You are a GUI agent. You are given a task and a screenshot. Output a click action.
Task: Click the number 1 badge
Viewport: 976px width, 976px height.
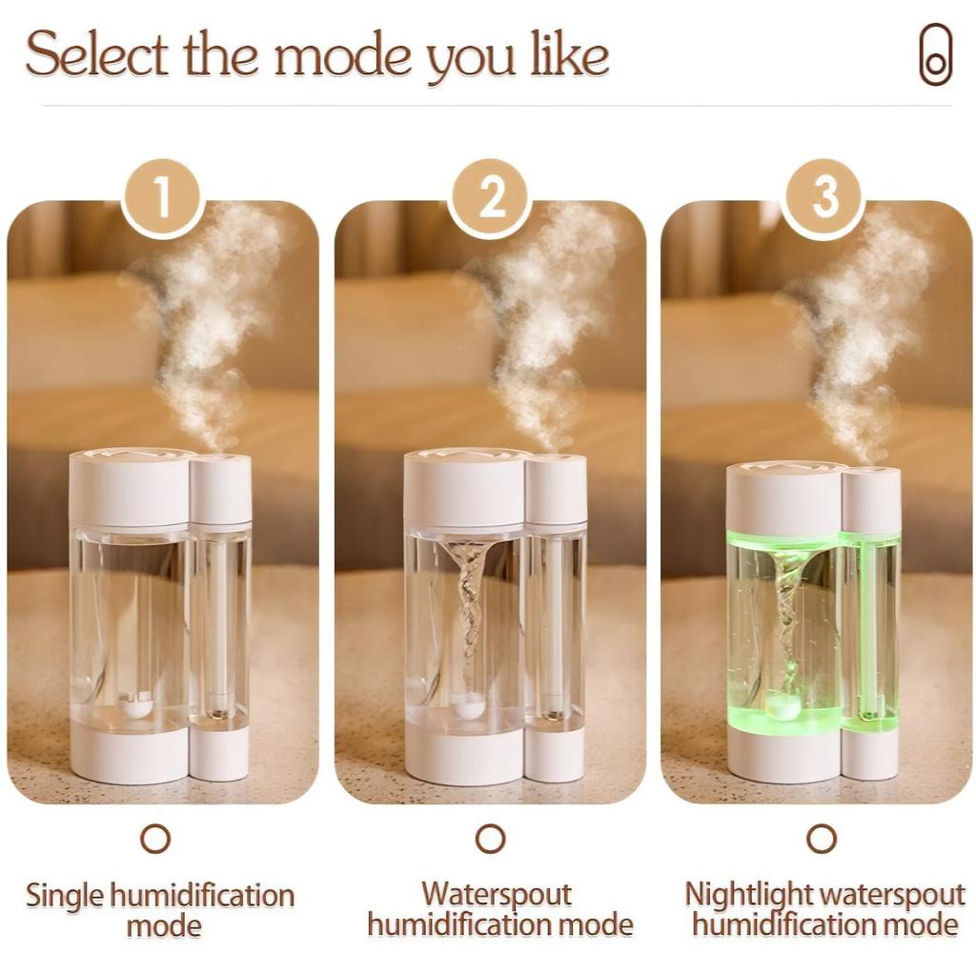[163, 198]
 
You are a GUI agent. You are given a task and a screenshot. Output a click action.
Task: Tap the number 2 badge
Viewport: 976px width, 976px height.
[490, 198]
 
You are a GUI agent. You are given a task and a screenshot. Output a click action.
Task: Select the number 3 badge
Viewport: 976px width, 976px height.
[823, 198]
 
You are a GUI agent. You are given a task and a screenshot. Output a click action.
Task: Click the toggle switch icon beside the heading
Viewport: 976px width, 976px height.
[935, 55]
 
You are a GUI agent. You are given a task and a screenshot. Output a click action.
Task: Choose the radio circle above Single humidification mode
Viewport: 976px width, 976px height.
[155, 839]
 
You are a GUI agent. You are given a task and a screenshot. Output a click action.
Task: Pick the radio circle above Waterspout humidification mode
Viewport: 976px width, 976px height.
[490, 839]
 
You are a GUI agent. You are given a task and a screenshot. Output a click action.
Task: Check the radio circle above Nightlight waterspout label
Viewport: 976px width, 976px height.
[822, 839]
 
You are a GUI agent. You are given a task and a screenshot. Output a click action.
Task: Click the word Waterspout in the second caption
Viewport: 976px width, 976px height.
[497, 896]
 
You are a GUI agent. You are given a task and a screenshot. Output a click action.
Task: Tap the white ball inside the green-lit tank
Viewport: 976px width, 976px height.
[785, 705]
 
